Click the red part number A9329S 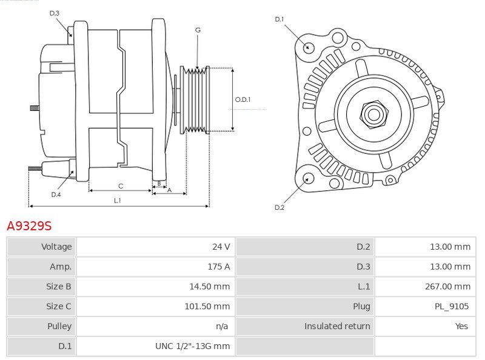(29, 226)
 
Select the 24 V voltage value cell (221, 247)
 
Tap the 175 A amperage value (219, 267)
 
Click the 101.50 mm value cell (207, 306)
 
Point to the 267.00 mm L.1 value (447, 286)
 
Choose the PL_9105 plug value (451, 306)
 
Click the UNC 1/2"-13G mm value (193, 346)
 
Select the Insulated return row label (337, 326)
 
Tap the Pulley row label (59, 326)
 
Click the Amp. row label (61, 267)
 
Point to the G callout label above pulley (198, 30)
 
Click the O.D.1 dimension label (242, 100)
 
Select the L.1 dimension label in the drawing (118, 200)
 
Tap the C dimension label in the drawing (121, 185)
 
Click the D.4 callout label (56, 195)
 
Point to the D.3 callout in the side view (54, 13)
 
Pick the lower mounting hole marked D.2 (307, 178)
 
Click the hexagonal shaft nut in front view (373, 113)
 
